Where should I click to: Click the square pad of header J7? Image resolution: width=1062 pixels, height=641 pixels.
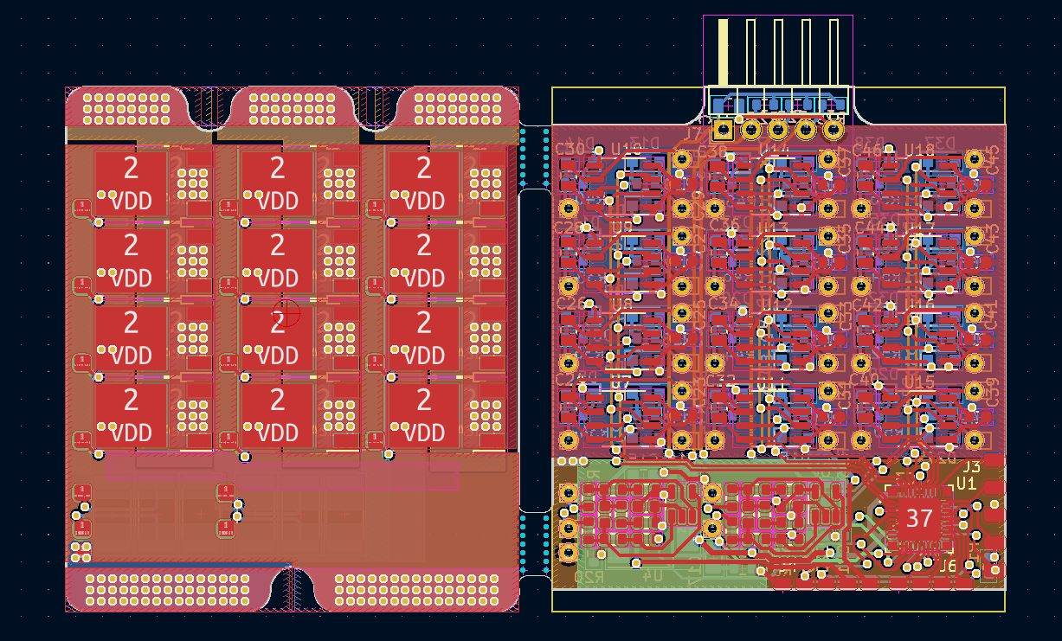tap(723, 130)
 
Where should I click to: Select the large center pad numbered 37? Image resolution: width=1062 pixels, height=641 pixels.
tap(917, 518)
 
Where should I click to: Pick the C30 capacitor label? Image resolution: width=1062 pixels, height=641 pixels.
tap(570, 149)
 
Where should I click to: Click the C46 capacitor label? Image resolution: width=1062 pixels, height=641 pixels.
tap(866, 150)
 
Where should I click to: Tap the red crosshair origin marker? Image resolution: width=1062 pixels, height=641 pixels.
tap(285, 313)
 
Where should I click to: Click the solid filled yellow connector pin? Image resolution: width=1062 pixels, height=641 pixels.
tap(723, 52)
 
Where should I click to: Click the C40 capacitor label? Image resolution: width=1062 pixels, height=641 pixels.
tap(866, 379)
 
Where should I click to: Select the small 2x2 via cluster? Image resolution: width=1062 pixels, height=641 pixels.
tap(80, 552)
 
